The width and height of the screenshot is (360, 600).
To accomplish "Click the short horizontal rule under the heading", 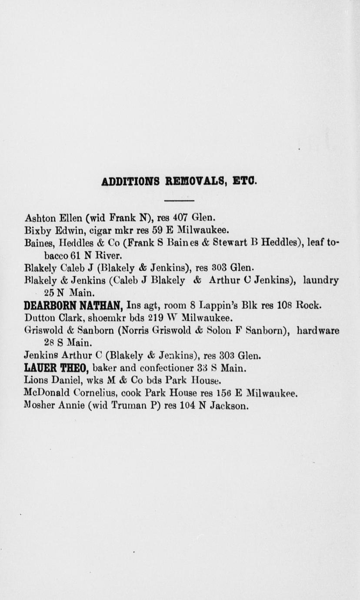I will [179, 200].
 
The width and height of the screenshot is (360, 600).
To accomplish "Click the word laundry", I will [321, 280].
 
